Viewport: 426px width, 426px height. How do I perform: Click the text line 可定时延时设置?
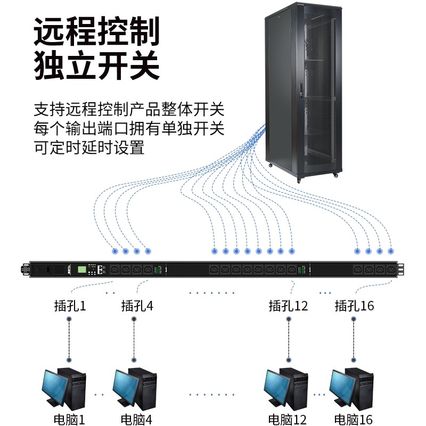pos(89,147)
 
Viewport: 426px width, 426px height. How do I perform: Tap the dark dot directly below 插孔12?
pos(288,319)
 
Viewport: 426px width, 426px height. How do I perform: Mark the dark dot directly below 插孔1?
pos(69,319)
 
